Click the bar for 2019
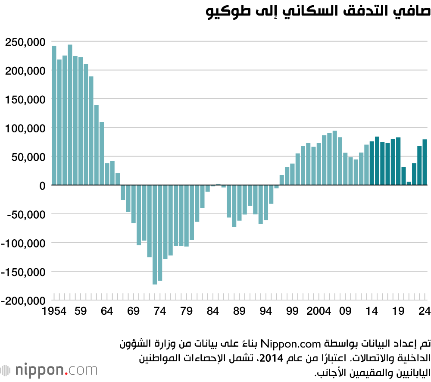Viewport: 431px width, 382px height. tap(398, 161)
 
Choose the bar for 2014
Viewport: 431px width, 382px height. tap(372, 163)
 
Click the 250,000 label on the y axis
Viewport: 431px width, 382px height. tap(25, 42)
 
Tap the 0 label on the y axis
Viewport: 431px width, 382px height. tap(42, 185)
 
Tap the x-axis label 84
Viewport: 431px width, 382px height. tap(213, 311)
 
